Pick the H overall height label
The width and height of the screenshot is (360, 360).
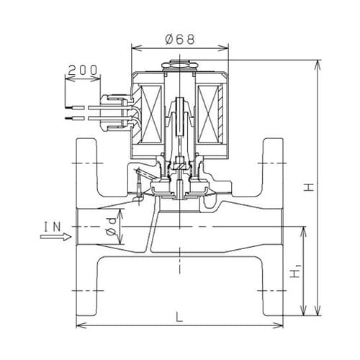[x=308, y=187]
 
